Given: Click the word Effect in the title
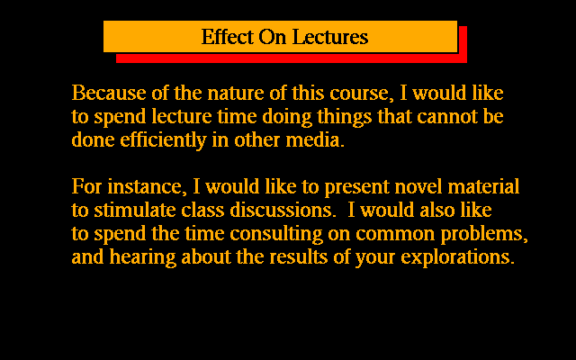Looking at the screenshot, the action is (228, 36).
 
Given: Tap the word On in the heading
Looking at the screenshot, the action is (273, 36).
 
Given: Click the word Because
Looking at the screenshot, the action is (109, 93).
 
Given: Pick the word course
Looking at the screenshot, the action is (359, 94).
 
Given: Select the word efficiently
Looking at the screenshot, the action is (163, 140).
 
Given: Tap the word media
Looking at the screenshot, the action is (315, 140).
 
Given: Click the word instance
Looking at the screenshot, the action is (144, 187).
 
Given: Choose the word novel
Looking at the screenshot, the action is (418, 186).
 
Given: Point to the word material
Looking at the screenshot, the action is (483, 186).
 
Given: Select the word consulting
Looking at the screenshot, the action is (276, 234).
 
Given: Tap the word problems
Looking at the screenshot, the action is (484, 234).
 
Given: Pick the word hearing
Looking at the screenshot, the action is (142, 257).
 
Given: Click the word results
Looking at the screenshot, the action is (298, 256).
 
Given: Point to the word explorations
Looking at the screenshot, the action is (457, 257).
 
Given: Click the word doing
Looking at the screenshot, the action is (287, 117).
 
